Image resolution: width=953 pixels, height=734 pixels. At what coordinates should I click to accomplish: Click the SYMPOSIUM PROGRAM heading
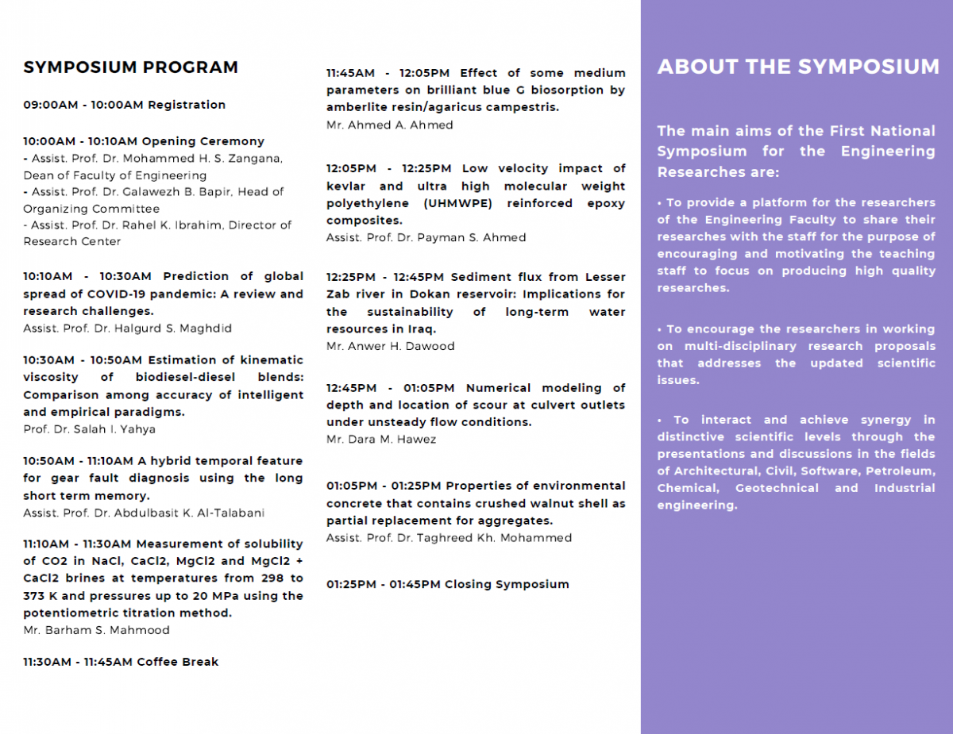pyautogui.click(x=130, y=67)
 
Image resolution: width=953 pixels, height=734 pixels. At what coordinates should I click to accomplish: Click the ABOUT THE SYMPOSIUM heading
pyautogui.click(x=798, y=67)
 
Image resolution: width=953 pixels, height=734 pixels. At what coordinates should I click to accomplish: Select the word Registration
pyautogui.click(x=187, y=105)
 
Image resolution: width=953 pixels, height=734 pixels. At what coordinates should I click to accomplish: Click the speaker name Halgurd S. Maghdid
pyautogui.click(x=173, y=329)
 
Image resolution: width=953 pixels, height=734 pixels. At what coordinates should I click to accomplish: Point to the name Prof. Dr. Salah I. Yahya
pyautogui.click(x=89, y=429)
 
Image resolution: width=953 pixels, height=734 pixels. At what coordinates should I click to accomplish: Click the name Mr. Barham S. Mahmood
pyautogui.click(x=96, y=631)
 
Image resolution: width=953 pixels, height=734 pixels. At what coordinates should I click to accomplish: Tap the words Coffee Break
pyautogui.click(x=177, y=662)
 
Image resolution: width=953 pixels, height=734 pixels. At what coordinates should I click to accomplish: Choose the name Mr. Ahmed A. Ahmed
pyautogui.click(x=390, y=125)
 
